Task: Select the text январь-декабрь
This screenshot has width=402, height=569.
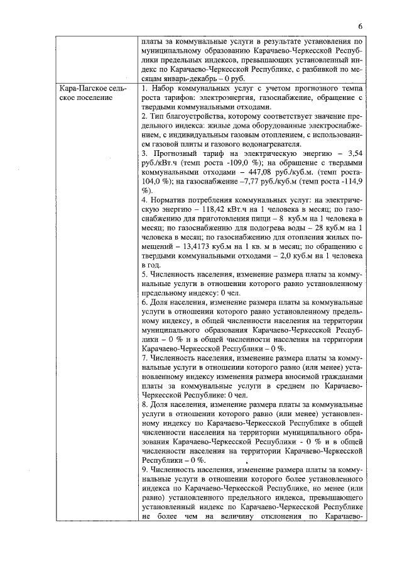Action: (x=184, y=79)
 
